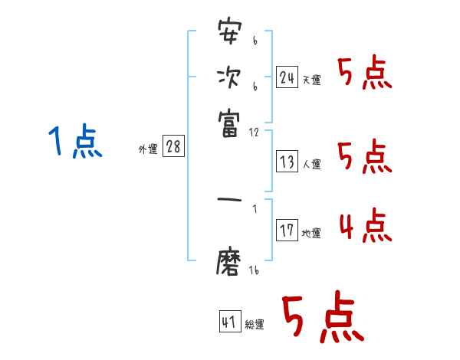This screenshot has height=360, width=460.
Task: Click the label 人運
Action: pos(311,164)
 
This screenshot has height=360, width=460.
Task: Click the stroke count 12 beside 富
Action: pos(254,132)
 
